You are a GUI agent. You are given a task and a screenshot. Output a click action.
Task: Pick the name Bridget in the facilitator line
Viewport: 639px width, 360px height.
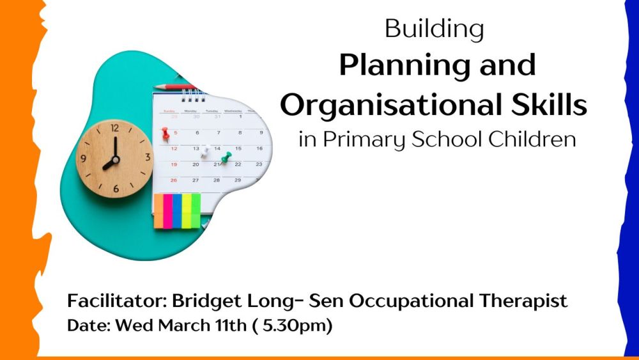click(x=206, y=302)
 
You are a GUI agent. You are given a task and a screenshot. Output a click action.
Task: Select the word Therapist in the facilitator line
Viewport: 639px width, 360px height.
click(x=523, y=301)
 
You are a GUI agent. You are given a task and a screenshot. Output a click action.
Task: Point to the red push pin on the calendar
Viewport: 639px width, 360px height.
click(x=166, y=133)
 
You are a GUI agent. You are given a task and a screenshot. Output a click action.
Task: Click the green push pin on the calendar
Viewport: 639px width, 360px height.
click(x=226, y=157)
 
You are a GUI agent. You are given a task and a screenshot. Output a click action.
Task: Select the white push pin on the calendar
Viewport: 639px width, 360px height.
click(x=204, y=151)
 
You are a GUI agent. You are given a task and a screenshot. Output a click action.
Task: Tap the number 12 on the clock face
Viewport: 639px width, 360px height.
click(x=115, y=128)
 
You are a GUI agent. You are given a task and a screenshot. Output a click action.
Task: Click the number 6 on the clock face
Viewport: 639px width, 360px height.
click(x=116, y=189)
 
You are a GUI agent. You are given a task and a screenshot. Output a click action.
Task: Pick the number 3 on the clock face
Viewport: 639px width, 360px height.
click(x=148, y=157)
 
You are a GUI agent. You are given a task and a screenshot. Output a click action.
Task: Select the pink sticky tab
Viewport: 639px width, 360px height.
click(x=167, y=211)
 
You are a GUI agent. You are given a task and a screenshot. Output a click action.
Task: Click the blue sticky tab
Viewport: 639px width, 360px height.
click(x=177, y=211)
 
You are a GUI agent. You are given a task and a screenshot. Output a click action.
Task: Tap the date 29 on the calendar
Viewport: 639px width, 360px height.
click(x=238, y=180)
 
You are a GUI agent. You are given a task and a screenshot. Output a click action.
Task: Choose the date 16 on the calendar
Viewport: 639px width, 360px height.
click(x=259, y=148)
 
